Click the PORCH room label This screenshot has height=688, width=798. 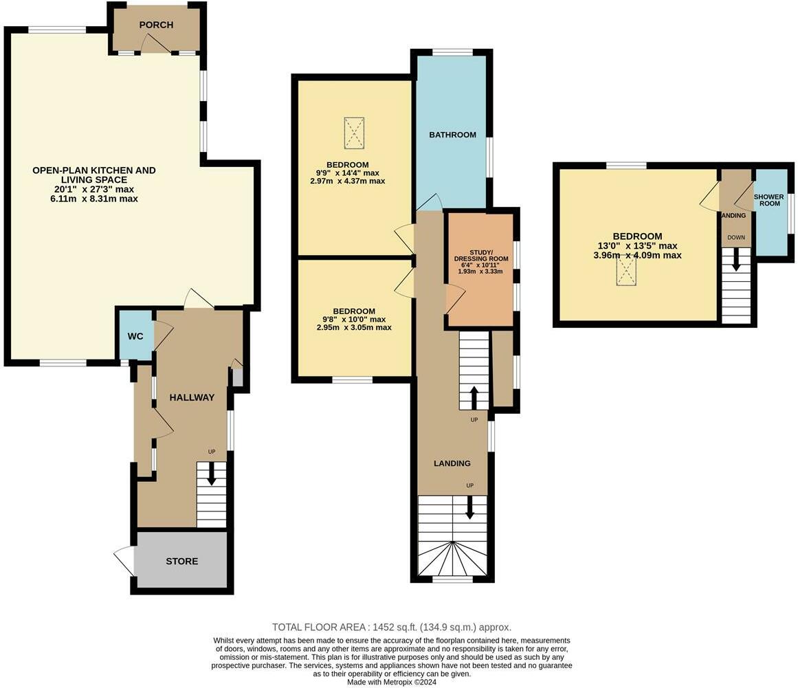(x=156, y=25)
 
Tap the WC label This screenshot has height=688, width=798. (x=135, y=336)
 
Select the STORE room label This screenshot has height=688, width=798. (x=181, y=562)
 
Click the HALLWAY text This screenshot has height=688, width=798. (x=192, y=397)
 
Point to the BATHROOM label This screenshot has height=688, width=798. (x=452, y=135)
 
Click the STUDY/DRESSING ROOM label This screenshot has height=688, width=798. (x=481, y=256)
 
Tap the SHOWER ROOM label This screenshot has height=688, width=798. (x=769, y=200)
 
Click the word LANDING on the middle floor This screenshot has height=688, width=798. (x=452, y=463)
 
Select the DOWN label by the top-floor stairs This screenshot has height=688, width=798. (x=736, y=238)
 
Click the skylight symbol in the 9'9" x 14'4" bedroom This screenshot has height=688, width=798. (x=354, y=133)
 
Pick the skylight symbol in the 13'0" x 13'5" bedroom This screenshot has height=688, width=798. (x=626, y=269)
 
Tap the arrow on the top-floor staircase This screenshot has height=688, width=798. (x=736, y=260)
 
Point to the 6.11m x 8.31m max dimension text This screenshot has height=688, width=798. (x=94, y=199)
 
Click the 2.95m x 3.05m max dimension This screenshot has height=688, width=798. (x=354, y=328)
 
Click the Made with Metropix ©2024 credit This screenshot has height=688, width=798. (x=392, y=682)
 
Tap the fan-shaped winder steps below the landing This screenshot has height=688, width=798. (x=452, y=558)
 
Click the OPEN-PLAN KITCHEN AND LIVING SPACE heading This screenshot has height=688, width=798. (x=94, y=175)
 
